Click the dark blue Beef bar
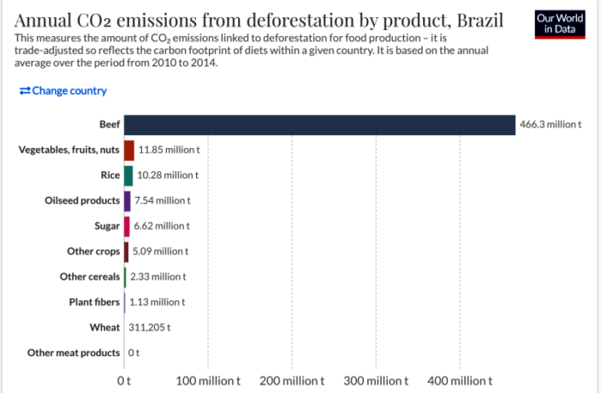click(x=319, y=124)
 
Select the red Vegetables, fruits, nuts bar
click(x=129, y=150)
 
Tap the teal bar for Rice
click(x=128, y=176)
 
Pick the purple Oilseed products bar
click(x=128, y=200)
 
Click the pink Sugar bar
click(x=127, y=226)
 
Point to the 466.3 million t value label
click(x=550, y=125)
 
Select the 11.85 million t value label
click(x=169, y=150)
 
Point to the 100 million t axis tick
click(x=208, y=380)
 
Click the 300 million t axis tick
click(x=377, y=380)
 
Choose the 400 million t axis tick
click(x=461, y=380)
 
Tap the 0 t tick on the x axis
click(x=124, y=380)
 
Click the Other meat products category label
click(x=74, y=353)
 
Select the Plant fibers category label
click(x=94, y=302)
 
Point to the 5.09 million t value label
click(x=160, y=252)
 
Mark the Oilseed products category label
click(x=82, y=200)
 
